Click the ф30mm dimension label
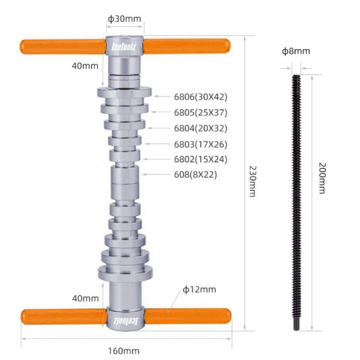click(x=124, y=19)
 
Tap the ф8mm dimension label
click(x=296, y=51)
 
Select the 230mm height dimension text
click(x=253, y=181)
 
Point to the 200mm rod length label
click(x=322, y=178)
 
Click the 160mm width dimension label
click(x=124, y=351)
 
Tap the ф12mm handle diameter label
click(x=199, y=290)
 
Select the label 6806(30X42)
click(x=200, y=97)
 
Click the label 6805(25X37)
click(x=200, y=113)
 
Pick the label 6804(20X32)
click(x=200, y=128)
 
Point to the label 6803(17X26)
click(x=200, y=145)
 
